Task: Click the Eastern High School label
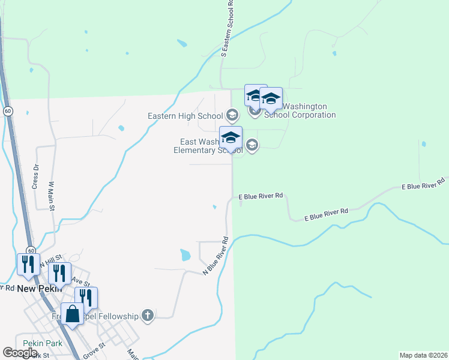point(185,116)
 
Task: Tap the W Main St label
point(52,196)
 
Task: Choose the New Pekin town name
point(36,289)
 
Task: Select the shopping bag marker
point(72,314)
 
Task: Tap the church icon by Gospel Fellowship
point(148,315)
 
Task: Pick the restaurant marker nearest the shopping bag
point(86,297)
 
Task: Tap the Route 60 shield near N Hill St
point(29,250)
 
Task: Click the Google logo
point(20,353)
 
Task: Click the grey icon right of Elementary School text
point(252,145)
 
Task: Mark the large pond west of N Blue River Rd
point(185,255)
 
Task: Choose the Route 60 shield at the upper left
point(7,111)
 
